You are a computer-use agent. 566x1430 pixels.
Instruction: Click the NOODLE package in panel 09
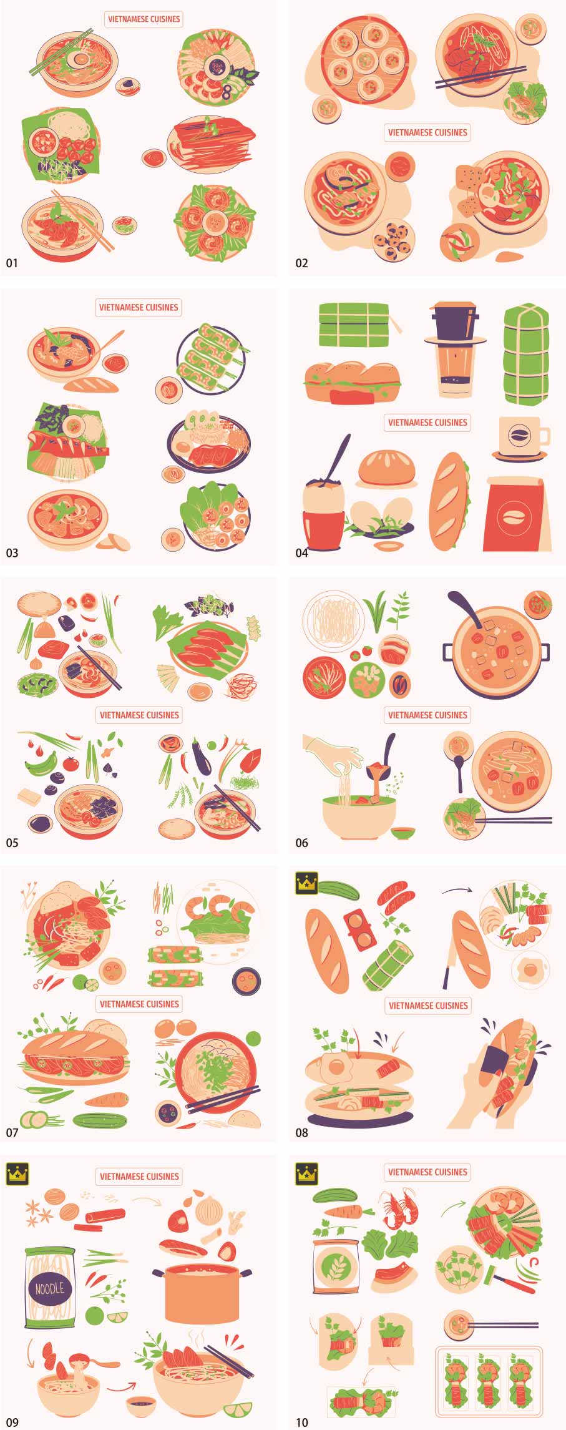(49, 1287)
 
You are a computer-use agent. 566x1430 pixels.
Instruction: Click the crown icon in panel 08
(306, 883)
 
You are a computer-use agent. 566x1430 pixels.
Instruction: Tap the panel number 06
(301, 843)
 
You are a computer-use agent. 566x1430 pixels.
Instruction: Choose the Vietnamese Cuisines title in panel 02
(427, 132)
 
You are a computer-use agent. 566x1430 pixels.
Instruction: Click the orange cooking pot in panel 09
(202, 1293)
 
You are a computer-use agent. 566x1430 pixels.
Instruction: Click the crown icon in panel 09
(17, 1173)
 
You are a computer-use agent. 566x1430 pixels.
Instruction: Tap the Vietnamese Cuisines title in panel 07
(139, 1004)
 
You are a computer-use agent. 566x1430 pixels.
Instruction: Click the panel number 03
(12, 552)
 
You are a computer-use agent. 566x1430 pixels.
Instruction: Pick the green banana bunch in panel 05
(41, 763)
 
